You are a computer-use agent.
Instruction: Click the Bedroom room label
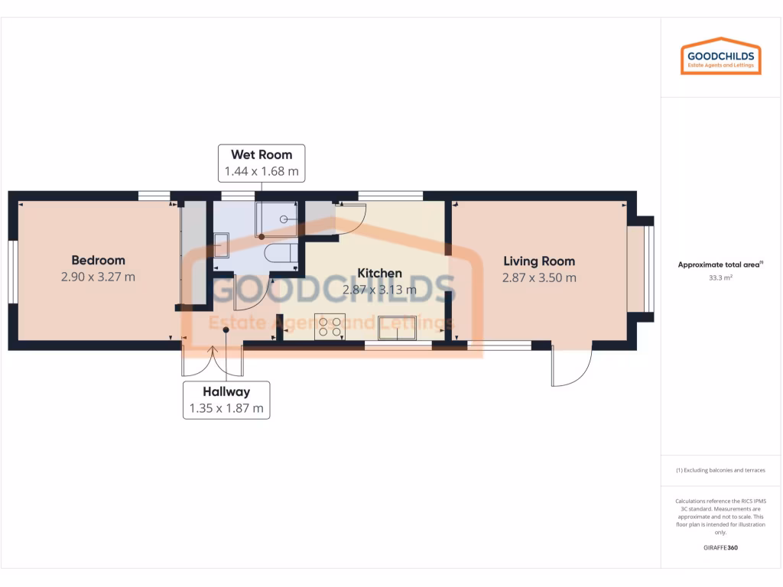[x=98, y=260]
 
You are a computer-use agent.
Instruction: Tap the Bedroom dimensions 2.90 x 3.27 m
[x=98, y=277]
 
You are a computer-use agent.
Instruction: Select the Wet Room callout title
[x=262, y=154]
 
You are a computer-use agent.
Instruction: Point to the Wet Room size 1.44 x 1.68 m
[x=262, y=171]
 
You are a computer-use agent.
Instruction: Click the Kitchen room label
[x=379, y=273]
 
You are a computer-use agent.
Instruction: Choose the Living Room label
[x=539, y=261]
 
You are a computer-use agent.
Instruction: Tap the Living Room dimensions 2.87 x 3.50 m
[x=539, y=278]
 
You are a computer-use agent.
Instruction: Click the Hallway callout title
[x=226, y=392]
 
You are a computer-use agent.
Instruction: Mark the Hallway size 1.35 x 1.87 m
[x=226, y=409]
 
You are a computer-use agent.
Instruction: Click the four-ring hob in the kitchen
[x=330, y=326]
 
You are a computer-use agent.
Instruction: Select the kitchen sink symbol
[x=397, y=326]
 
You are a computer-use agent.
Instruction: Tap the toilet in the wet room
[x=280, y=255]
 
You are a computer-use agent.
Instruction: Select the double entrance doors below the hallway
[x=212, y=361]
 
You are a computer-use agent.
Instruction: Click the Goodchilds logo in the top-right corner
[x=721, y=56]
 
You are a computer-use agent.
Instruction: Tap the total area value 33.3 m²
[x=720, y=279]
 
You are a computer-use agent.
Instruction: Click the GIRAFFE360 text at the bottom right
[x=720, y=547]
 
